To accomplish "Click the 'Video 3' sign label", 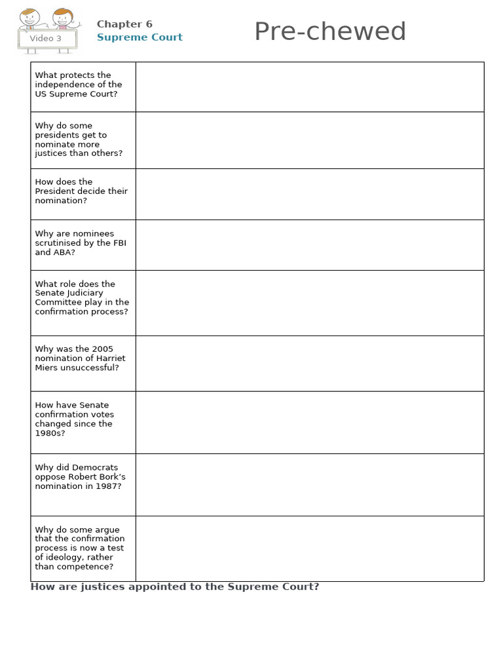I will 46,39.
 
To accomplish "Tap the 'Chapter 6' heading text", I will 124,24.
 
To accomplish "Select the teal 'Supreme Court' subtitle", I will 140,37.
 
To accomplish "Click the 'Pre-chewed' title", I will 329,31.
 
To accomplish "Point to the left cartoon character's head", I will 28,17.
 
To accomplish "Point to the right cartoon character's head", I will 62,16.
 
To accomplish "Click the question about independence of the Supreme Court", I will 79,85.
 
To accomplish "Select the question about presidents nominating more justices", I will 79,140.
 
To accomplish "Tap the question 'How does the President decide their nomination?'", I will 81,191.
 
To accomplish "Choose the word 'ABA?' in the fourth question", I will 64,252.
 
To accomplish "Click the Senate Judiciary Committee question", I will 82,297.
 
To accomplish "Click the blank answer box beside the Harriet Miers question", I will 309,364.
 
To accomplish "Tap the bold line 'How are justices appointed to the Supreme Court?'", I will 175,587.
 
